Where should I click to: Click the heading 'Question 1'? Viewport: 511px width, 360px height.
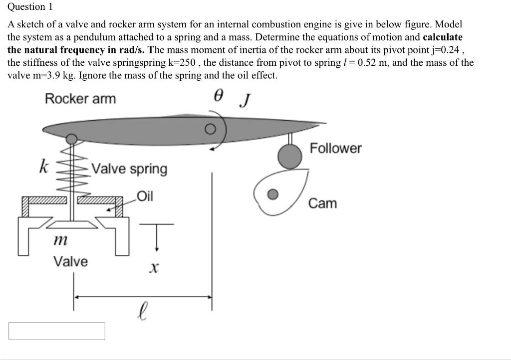30,7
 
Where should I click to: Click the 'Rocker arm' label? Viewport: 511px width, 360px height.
80,99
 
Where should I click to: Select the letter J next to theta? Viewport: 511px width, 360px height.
244,101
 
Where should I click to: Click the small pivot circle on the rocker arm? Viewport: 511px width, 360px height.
211,130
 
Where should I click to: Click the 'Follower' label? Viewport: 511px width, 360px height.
335,148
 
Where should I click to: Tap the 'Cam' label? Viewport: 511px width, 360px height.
322,203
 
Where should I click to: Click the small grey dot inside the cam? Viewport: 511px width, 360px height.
272,194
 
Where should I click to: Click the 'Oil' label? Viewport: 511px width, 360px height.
145,196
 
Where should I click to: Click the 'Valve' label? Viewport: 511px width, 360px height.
70,261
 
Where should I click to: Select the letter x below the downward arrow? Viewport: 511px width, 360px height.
154,269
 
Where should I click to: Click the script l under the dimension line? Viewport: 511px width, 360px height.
143,312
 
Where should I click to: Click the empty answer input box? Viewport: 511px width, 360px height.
56,331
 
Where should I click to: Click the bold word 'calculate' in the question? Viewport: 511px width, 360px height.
443,37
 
